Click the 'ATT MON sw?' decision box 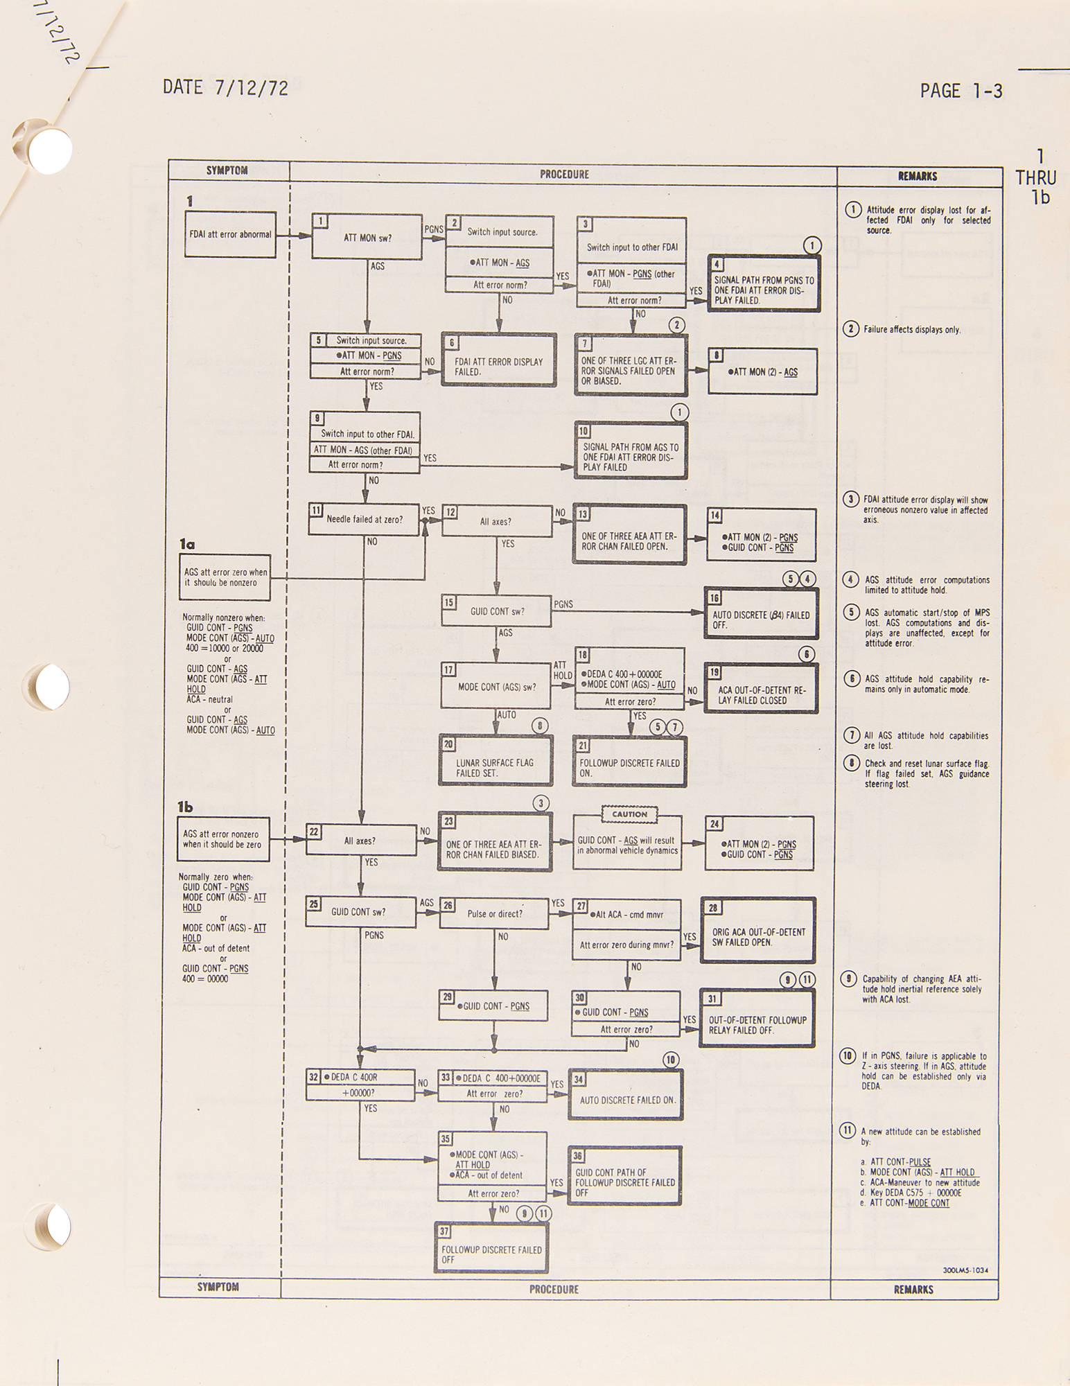pos(367,236)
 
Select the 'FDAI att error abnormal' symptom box pos(230,234)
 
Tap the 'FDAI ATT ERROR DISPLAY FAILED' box pos(499,360)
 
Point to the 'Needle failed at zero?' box pos(365,519)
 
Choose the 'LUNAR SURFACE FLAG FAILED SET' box pos(495,760)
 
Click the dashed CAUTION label pos(629,814)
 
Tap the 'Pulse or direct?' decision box pos(494,913)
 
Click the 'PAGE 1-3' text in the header pos(961,91)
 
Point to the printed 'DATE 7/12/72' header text pos(225,87)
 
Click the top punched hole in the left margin pos(51,148)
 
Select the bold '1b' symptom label pos(185,807)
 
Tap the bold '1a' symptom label pos(187,545)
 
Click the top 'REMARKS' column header pos(918,176)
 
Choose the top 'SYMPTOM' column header pos(227,170)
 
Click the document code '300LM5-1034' pos(965,1270)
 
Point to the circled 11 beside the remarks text pos(847,1130)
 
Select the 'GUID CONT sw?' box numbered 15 pos(496,611)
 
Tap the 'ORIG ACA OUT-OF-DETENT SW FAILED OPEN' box pos(757,930)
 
